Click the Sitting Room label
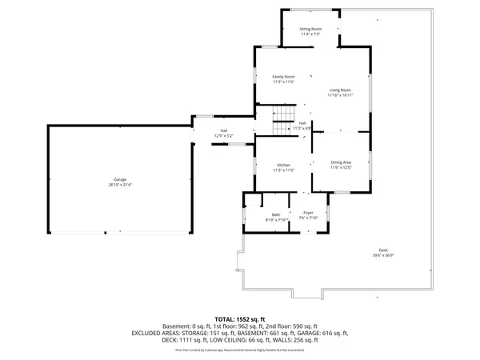[310, 30]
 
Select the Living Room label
[340, 90]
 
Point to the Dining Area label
[341, 162]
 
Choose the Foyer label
[308, 212]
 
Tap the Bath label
[275, 214]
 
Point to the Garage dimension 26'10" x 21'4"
[119, 185]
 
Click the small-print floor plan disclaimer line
[239, 349]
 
